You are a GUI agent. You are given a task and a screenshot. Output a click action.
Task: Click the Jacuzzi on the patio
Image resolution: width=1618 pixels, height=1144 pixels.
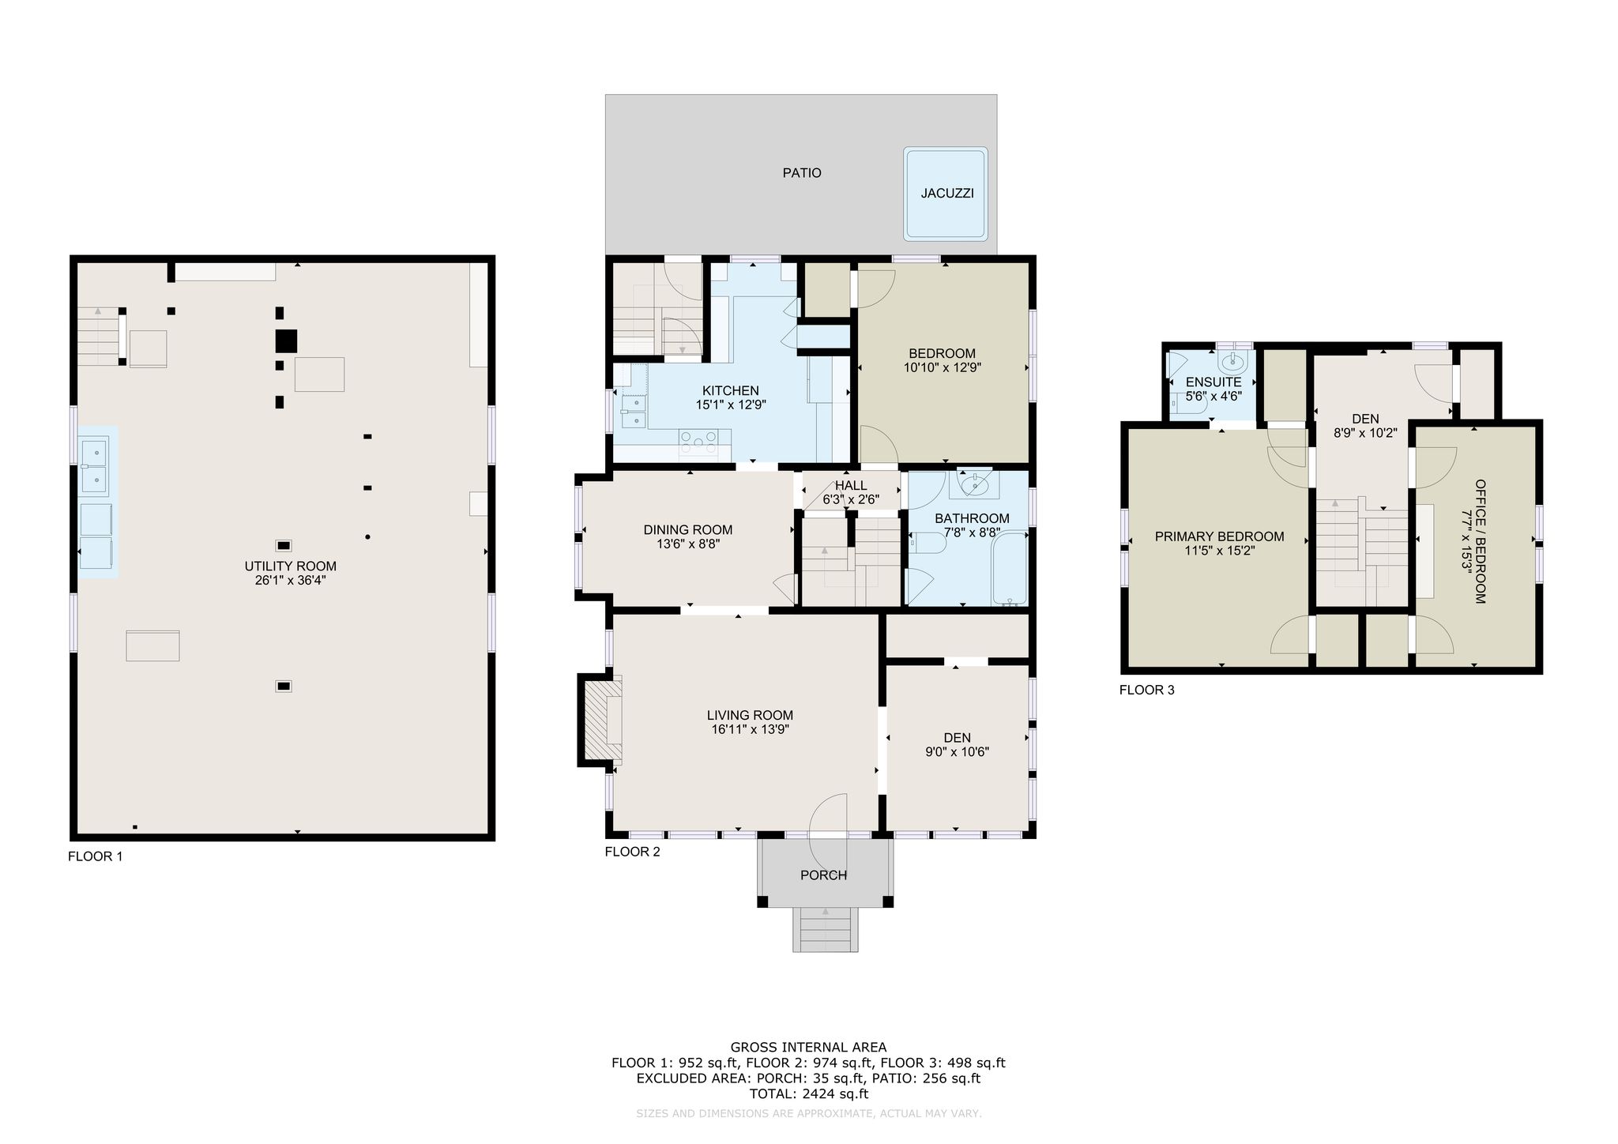click(946, 193)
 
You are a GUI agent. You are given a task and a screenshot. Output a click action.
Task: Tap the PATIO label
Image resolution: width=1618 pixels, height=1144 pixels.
click(802, 173)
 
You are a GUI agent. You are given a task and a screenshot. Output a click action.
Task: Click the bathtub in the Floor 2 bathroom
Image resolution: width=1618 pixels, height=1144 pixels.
click(1009, 568)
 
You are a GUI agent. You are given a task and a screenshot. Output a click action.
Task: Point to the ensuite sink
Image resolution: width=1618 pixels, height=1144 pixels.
click(1232, 363)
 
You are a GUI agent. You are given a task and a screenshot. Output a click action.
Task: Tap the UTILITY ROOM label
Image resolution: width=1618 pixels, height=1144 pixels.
click(291, 566)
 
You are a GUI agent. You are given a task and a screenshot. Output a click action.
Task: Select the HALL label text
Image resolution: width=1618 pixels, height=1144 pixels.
click(851, 485)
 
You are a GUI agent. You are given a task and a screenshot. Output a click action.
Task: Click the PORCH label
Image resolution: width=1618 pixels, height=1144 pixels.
click(824, 875)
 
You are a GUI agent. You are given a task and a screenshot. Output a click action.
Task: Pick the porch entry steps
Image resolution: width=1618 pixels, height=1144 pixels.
click(826, 929)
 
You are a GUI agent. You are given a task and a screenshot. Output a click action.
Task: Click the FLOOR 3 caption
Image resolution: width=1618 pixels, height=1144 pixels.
click(1147, 691)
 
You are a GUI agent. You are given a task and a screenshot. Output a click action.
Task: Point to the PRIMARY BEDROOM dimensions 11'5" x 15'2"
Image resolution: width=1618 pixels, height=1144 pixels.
click(1221, 551)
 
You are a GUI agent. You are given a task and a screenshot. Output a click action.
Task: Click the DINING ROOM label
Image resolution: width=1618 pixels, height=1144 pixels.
click(688, 530)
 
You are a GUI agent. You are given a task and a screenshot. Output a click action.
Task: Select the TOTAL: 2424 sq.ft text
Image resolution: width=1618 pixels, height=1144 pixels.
click(809, 1094)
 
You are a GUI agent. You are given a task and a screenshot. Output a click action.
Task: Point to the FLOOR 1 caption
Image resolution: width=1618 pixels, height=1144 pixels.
click(96, 856)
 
